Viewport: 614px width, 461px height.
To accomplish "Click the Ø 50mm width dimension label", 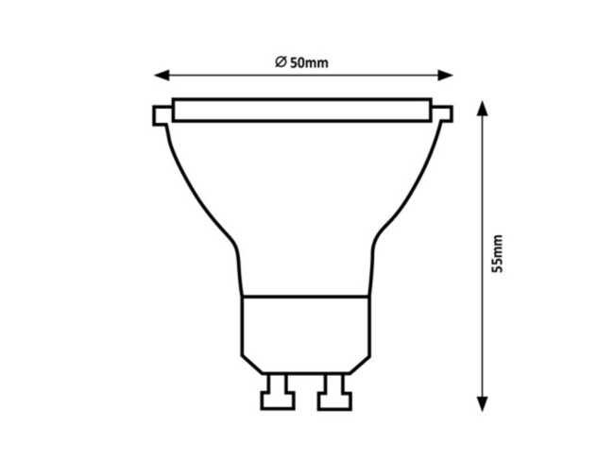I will [301, 62].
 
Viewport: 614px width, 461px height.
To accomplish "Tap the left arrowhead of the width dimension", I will [161, 75].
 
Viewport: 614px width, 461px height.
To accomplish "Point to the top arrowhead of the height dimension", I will [482, 107].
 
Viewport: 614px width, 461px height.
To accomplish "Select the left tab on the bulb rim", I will [161, 115].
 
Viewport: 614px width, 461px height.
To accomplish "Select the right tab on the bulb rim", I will [443, 115].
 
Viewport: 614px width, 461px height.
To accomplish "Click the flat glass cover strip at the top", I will [302, 109].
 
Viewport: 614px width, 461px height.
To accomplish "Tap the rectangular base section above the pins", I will [303, 326].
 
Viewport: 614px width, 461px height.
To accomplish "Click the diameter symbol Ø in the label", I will [281, 62].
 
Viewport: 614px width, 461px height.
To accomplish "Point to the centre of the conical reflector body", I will [302, 198].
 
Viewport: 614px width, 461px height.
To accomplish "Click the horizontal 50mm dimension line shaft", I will [227, 75].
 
